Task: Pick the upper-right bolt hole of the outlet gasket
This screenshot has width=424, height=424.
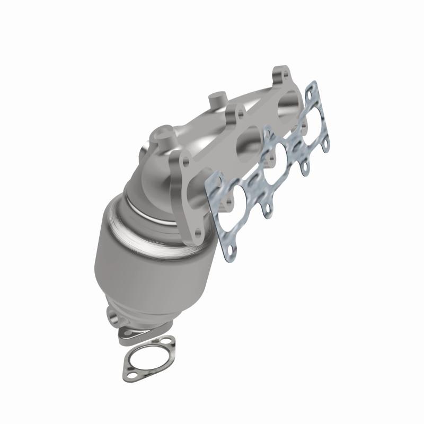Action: [167, 342]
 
